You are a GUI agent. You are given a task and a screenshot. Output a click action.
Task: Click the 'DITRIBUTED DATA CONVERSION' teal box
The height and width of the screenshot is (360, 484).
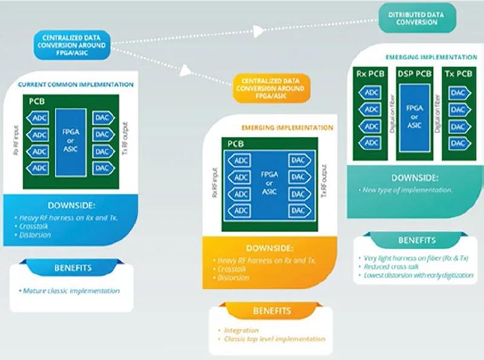point(417,18)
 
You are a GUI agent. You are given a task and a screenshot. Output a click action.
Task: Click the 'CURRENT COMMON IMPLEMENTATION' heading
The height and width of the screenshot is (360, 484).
point(76,85)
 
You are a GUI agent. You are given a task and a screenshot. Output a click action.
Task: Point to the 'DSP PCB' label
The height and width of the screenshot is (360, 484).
point(414,74)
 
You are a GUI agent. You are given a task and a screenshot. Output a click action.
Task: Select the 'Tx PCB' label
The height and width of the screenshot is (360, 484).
point(458,74)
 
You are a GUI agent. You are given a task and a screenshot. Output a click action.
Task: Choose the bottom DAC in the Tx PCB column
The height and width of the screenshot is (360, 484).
point(458,144)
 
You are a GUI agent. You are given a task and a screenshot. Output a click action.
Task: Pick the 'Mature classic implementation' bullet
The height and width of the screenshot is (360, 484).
point(71,291)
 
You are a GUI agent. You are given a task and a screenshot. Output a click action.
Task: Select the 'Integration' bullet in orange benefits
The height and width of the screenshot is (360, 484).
point(241,330)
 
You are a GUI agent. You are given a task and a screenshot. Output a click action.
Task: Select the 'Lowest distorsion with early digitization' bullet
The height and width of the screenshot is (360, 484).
point(418,275)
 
